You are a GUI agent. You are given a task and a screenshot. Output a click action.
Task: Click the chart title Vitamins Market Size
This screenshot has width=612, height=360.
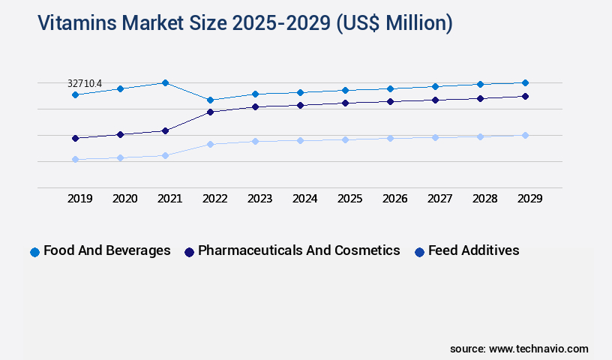tap(245, 23)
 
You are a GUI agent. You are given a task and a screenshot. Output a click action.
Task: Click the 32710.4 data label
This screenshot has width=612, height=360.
tap(85, 82)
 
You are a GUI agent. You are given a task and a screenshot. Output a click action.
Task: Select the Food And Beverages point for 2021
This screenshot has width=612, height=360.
tap(165, 82)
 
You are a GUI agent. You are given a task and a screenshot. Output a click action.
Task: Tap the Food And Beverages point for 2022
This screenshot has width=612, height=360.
tap(210, 100)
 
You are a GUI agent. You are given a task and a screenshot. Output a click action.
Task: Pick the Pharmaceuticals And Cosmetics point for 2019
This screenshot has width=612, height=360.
tap(75, 138)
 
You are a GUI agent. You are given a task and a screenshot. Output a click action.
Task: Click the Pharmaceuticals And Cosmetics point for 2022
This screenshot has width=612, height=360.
tap(210, 112)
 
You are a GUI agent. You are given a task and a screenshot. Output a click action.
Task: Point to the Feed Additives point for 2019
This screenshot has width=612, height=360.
tap(75, 159)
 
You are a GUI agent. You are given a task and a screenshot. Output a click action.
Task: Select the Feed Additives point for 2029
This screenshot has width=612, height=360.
tap(525, 135)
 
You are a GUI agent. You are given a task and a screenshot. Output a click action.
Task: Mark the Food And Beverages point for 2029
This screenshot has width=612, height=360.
tap(525, 82)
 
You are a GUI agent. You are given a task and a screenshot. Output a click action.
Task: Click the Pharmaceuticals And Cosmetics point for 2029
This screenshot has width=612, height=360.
tap(525, 96)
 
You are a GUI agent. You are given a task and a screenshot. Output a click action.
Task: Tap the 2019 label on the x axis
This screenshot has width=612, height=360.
tap(80, 199)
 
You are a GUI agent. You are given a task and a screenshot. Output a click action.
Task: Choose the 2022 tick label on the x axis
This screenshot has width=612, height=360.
tap(215, 199)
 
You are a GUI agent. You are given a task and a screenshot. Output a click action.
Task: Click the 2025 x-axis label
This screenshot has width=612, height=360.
tap(350, 199)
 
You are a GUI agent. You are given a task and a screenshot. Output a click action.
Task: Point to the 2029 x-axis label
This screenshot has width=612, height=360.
tap(529, 199)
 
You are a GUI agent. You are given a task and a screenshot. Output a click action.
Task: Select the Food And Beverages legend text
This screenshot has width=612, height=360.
tap(107, 250)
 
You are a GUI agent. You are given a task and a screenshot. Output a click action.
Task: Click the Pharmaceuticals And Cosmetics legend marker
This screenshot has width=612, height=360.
tap(189, 252)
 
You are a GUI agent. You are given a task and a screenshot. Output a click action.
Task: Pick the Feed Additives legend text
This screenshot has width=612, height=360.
tap(473, 250)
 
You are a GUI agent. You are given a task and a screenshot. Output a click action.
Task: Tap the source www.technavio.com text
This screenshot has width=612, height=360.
tap(519, 349)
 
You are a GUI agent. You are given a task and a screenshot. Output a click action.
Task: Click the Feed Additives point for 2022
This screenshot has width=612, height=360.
tap(210, 144)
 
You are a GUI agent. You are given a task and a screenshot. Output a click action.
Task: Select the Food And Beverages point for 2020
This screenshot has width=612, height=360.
tap(120, 88)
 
